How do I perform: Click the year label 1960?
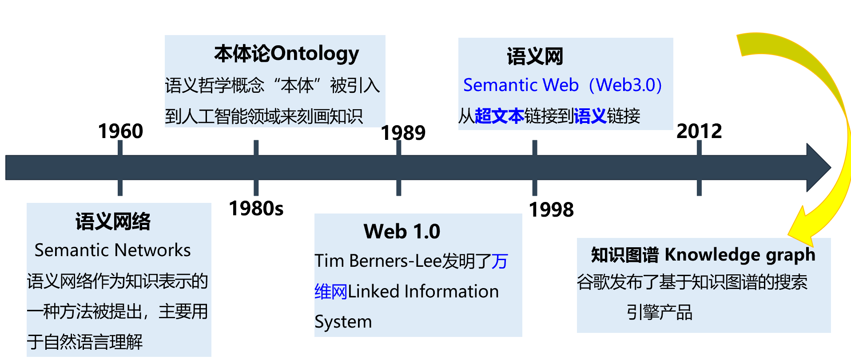coord(120,131)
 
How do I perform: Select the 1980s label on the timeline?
coord(256,208)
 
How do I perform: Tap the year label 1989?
coord(403,133)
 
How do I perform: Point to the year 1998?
coord(551,210)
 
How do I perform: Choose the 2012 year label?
coord(699,131)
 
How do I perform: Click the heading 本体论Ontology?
coord(286,53)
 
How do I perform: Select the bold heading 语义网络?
coord(113,222)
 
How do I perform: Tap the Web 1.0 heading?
coord(402,231)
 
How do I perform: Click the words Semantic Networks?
coord(113,250)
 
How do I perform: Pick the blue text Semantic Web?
coord(521,85)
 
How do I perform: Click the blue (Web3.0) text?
coord(625,85)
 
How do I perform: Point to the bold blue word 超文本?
coord(499,116)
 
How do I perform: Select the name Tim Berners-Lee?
coord(378,261)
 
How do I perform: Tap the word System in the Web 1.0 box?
coord(343,322)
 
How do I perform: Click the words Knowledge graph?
coord(740,255)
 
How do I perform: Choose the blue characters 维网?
coord(331,292)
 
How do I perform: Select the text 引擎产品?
coord(659,312)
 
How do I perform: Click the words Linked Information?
coord(423,292)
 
